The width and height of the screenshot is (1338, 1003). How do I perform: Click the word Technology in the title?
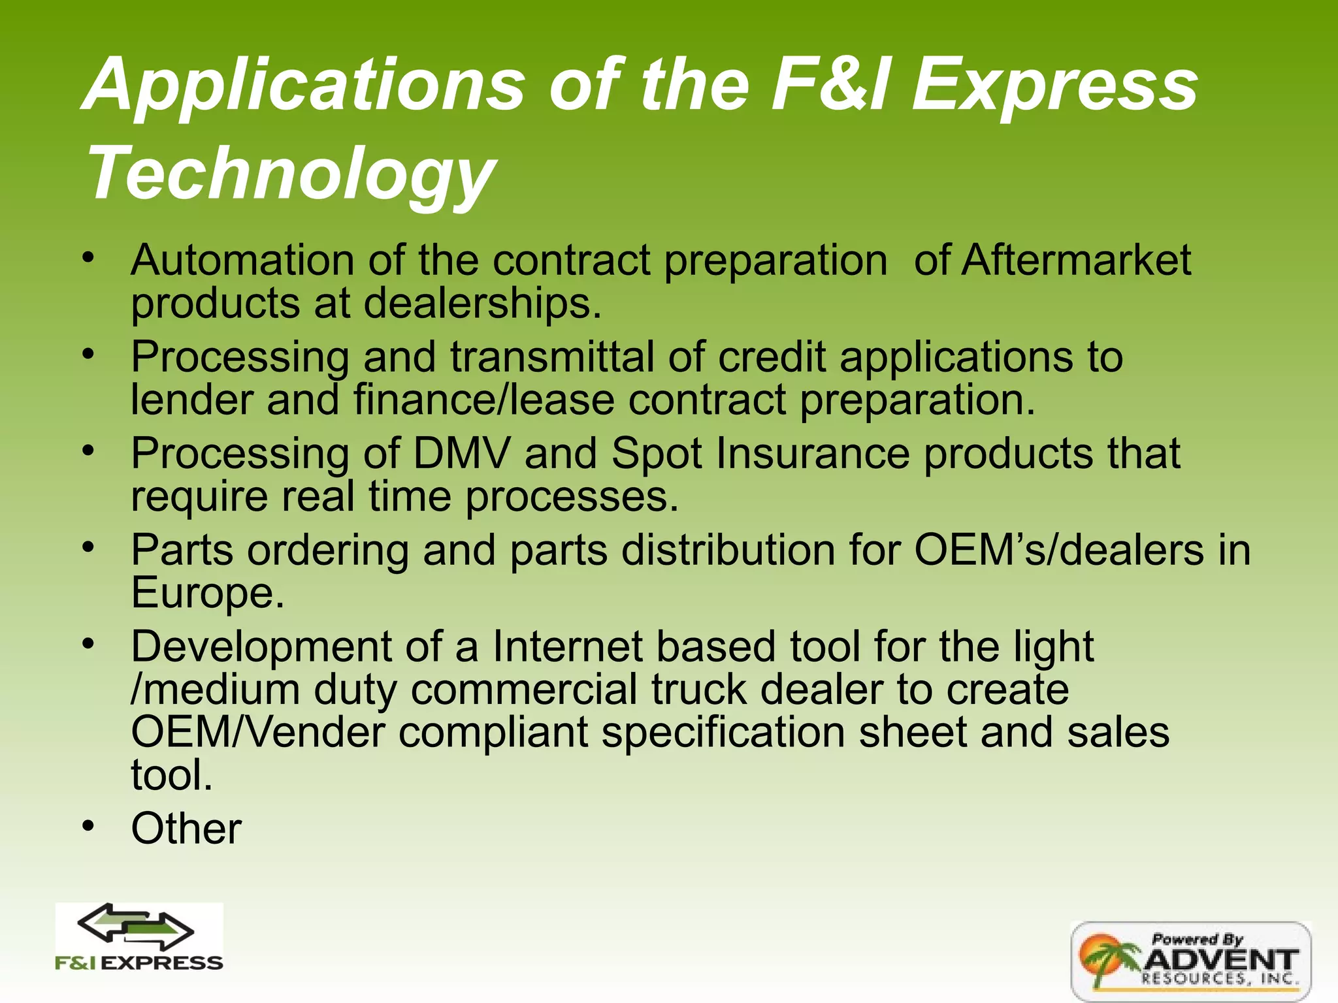point(291,173)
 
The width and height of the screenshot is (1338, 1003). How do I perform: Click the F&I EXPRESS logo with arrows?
point(139,937)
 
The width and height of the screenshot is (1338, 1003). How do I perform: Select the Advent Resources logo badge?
point(1190,960)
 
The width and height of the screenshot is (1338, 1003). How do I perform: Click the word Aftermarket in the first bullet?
point(1076,260)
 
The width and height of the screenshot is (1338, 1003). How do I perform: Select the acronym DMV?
point(461,453)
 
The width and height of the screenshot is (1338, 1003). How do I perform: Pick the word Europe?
point(207,592)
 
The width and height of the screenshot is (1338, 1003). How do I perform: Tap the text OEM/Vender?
point(258,732)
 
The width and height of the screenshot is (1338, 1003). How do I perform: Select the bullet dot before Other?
point(89,827)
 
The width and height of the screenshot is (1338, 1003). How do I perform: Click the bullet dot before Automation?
point(89,257)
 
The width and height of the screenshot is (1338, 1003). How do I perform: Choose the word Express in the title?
point(1054,85)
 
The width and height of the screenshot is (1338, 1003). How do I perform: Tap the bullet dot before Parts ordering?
point(89,547)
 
